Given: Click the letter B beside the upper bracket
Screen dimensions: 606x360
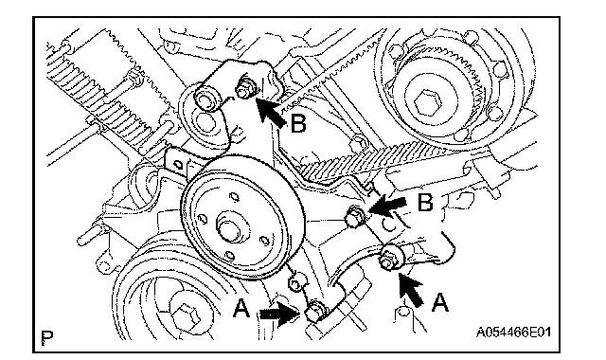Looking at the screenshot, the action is coord(298,124).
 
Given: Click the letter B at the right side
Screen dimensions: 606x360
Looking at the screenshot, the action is coord(425,202).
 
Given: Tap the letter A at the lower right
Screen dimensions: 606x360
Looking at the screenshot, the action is coord(439,302).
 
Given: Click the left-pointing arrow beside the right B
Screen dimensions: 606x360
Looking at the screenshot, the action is coord(387,206).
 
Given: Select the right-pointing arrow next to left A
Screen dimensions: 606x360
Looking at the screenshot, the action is coord(280,315).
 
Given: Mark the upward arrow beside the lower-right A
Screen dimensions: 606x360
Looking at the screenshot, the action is coord(410,290).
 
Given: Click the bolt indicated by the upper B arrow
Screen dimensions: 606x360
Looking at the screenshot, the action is coord(244,88).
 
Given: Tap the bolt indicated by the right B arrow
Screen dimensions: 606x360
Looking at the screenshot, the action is coord(354,216).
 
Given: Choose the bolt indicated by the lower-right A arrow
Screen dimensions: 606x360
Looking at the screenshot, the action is coord(389,258).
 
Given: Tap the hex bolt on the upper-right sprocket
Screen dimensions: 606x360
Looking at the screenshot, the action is coord(427,102).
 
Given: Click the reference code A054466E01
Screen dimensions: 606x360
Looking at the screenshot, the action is coord(513,333).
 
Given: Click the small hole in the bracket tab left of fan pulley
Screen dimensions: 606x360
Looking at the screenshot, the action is coord(178,164).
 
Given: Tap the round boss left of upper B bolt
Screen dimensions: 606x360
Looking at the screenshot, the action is coord(205,100).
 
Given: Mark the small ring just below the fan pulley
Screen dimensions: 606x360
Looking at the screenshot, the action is coord(295,284).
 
